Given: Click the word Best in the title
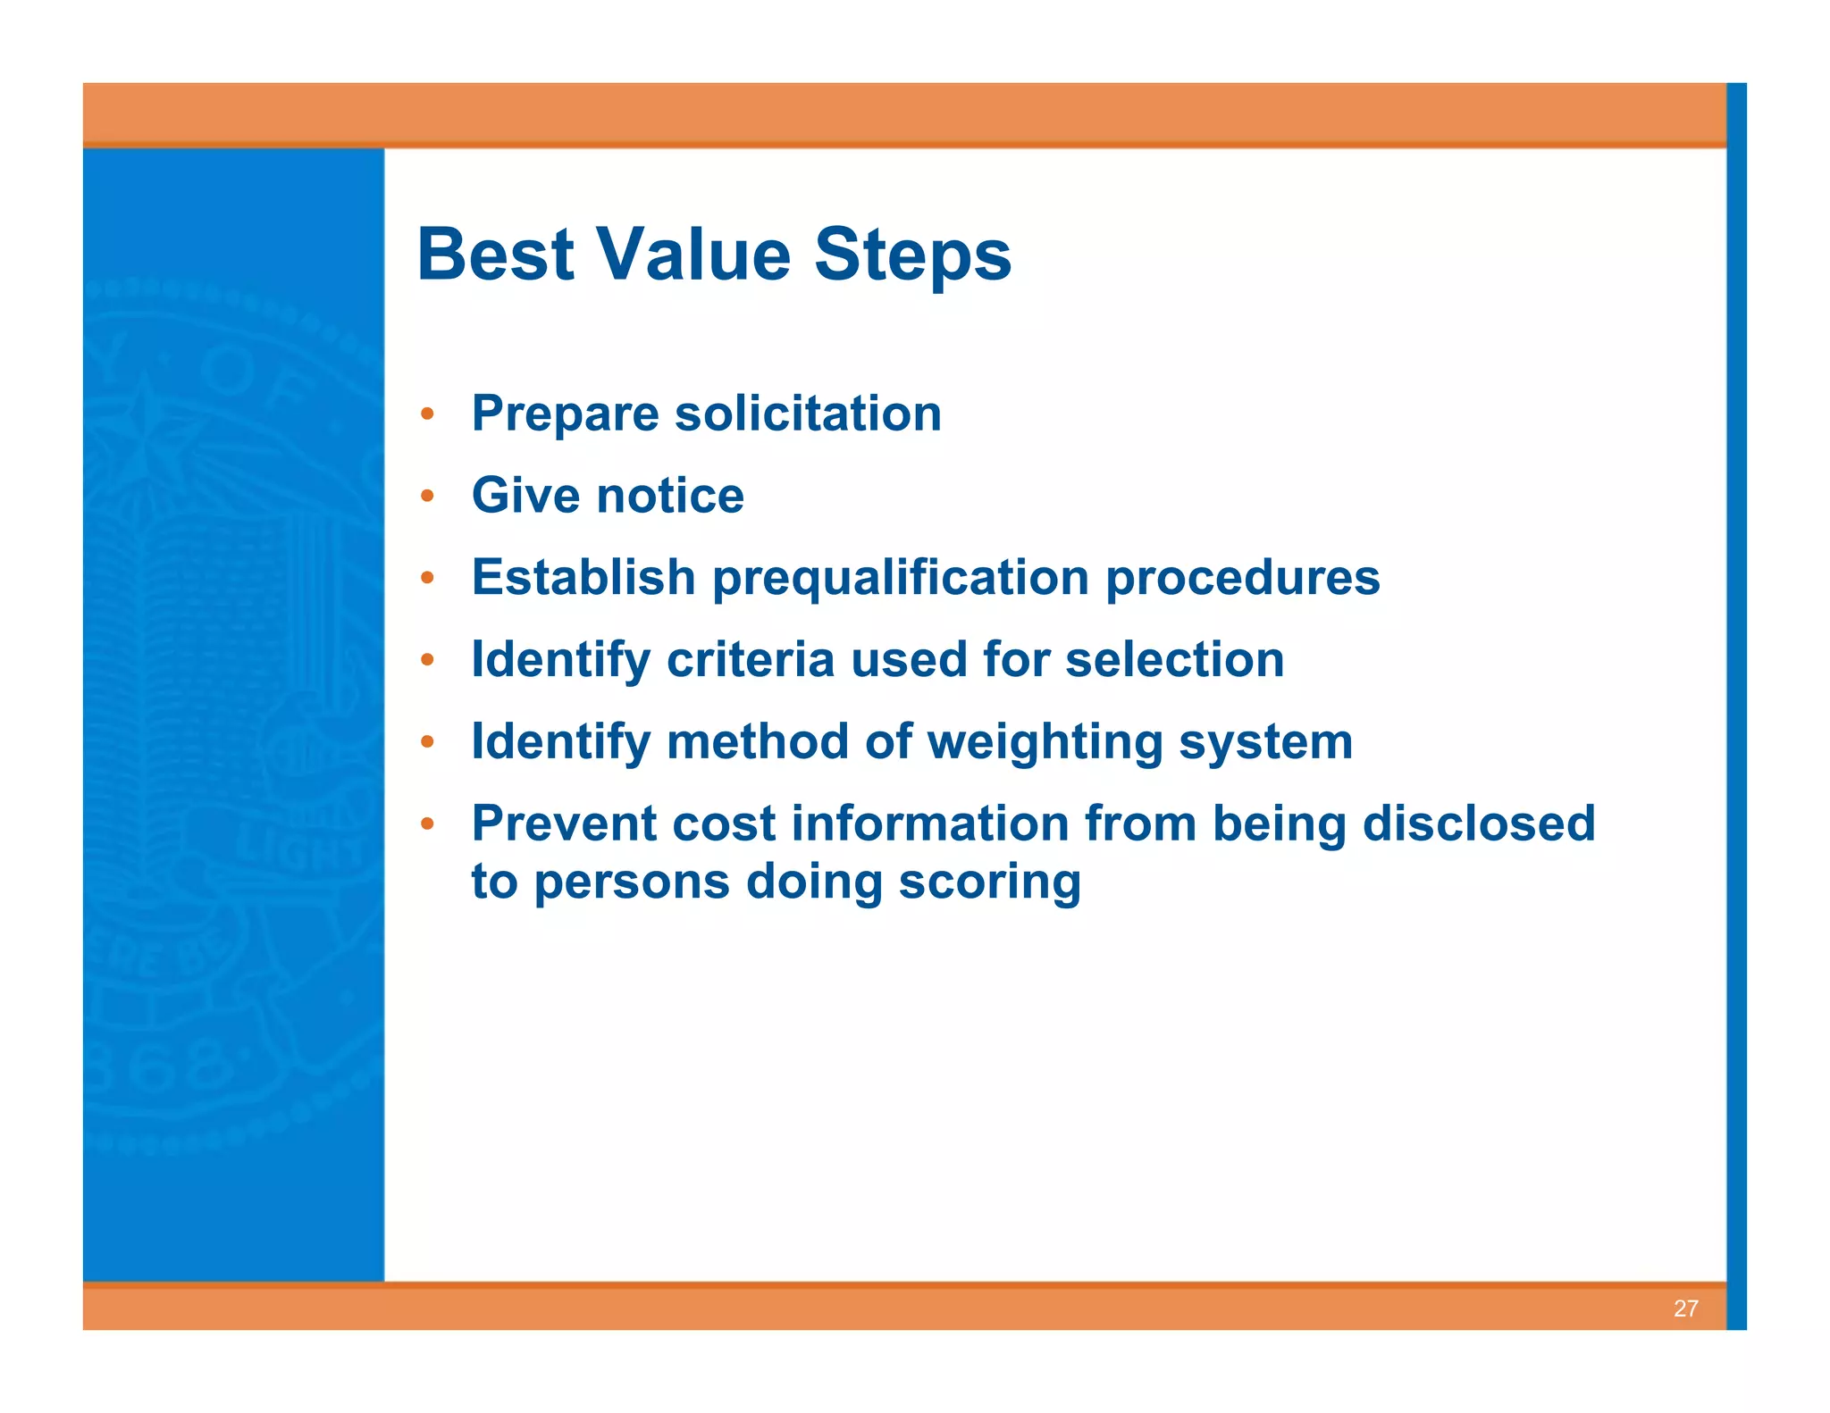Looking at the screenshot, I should pyautogui.click(x=495, y=255).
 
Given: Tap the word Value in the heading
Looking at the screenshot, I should pyautogui.click(x=693, y=255).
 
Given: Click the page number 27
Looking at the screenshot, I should pyautogui.click(x=1685, y=1308).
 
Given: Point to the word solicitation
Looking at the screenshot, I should pyautogui.click(x=808, y=414).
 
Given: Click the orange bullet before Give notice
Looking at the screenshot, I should pyautogui.click(x=428, y=496).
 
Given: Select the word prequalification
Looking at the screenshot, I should pyautogui.click(x=900, y=579).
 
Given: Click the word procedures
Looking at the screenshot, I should pyautogui.click(x=1242, y=578).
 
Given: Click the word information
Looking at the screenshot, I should pyautogui.click(x=929, y=824).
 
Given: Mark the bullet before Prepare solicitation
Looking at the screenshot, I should pyautogui.click(x=428, y=414).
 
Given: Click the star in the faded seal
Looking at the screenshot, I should pyautogui.click(x=146, y=438).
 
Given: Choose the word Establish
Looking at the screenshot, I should pyautogui.click(x=583, y=578).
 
